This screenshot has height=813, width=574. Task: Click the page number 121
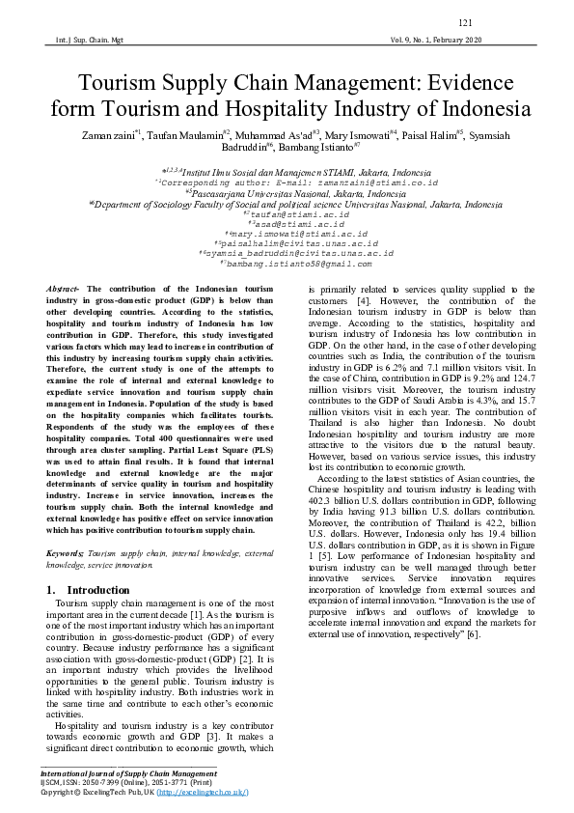click(x=464, y=22)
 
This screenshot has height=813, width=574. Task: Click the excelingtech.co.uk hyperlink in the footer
click(x=202, y=792)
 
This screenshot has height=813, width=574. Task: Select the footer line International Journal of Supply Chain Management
click(x=127, y=773)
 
